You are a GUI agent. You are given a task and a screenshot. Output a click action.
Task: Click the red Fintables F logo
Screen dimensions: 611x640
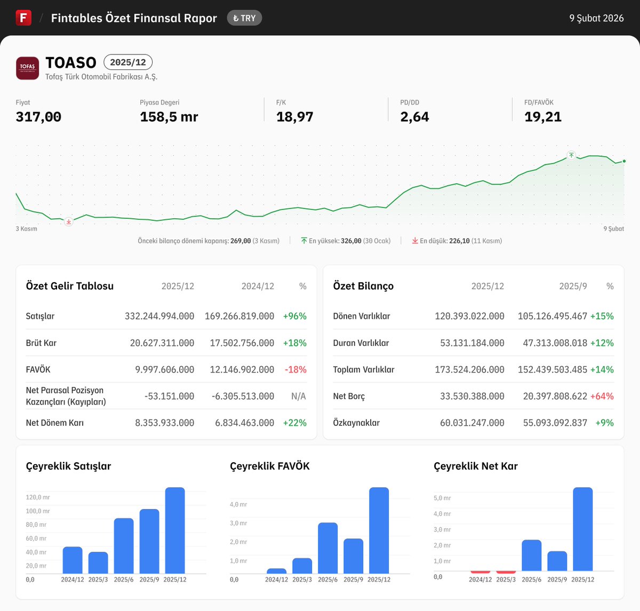[x=23, y=18]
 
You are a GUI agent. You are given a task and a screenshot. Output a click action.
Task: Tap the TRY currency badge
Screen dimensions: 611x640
[x=244, y=18]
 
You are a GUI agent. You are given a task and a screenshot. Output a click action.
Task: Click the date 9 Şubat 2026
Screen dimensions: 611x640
[x=596, y=18]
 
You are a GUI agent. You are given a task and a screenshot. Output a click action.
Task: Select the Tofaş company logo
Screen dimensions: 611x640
[x=27, y=68]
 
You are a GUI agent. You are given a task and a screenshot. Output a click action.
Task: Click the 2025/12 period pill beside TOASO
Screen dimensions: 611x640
[x=128, y=62]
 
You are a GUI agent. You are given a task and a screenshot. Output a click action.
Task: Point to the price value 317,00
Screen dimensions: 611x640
[x=38, y=117]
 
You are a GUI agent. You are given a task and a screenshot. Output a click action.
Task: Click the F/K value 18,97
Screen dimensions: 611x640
[x=294, y=117]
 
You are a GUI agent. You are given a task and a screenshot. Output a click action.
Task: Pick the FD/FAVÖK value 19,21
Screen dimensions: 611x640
[x=543, y=117]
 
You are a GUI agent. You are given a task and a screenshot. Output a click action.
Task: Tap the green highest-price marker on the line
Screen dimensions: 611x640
[x=571, y=155]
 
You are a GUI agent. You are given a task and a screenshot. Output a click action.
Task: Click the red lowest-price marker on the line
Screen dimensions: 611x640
[x=68, y=221]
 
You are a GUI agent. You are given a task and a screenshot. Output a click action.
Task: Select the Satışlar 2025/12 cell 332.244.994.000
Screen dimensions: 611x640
[x=159, y=316]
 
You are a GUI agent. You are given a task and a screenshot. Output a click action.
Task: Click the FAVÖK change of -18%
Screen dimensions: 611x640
[x=295, y=369]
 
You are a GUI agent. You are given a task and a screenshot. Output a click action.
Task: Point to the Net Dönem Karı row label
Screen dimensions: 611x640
[x=55, y=423]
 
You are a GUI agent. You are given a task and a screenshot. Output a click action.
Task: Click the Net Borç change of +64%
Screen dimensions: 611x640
[x=602, y=396]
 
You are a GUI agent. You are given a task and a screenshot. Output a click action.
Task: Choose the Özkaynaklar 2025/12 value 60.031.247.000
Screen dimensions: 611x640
[x=472, y=423]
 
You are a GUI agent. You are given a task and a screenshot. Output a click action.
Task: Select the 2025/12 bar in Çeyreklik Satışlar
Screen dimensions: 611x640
[x=175, y=530]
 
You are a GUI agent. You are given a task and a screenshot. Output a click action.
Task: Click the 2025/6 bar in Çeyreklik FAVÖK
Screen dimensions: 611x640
[x=327, y=548]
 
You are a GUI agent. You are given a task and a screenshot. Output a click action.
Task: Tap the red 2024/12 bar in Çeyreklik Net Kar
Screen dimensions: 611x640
[x=480, y=572]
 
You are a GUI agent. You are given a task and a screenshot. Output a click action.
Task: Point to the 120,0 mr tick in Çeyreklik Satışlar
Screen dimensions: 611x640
[x=38, y=497]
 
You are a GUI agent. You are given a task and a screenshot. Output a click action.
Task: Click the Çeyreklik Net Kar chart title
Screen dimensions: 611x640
[x=475, y=466]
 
